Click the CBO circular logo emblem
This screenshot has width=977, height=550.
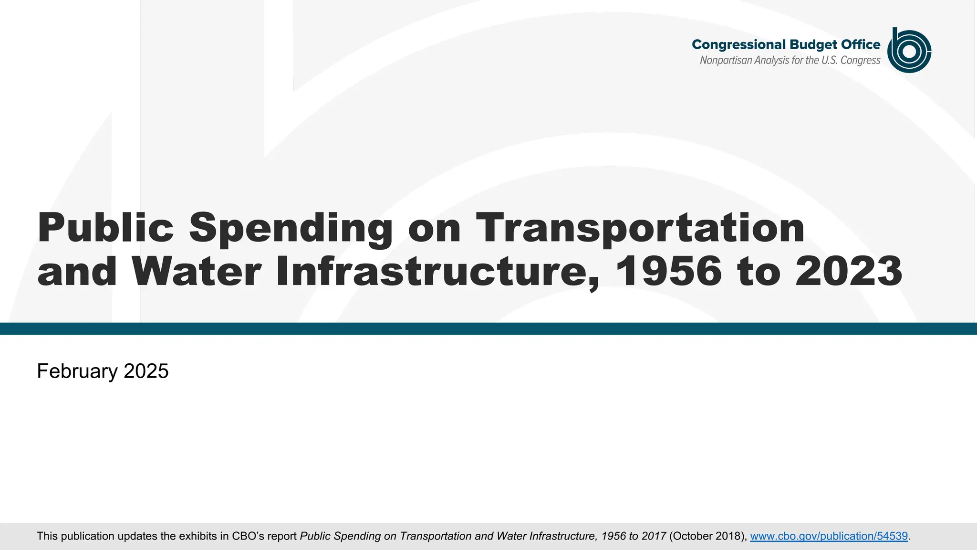coord(909,51)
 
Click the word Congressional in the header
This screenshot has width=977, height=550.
coord(738,45)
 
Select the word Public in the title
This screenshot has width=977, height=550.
coord(105,227)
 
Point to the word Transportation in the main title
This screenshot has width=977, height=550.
coord(640,227)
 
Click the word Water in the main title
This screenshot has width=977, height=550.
coord(196,271)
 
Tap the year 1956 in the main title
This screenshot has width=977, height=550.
coord(668,271)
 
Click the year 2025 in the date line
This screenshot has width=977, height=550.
coord(146,371)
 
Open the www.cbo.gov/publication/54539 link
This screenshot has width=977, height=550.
coord(829,536)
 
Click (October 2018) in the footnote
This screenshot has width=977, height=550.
coord(707,536)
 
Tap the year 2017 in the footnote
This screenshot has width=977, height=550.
coord(654,536)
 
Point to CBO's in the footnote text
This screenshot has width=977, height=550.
coord(248,536)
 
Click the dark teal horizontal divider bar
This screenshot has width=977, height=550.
coord(488,328)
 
